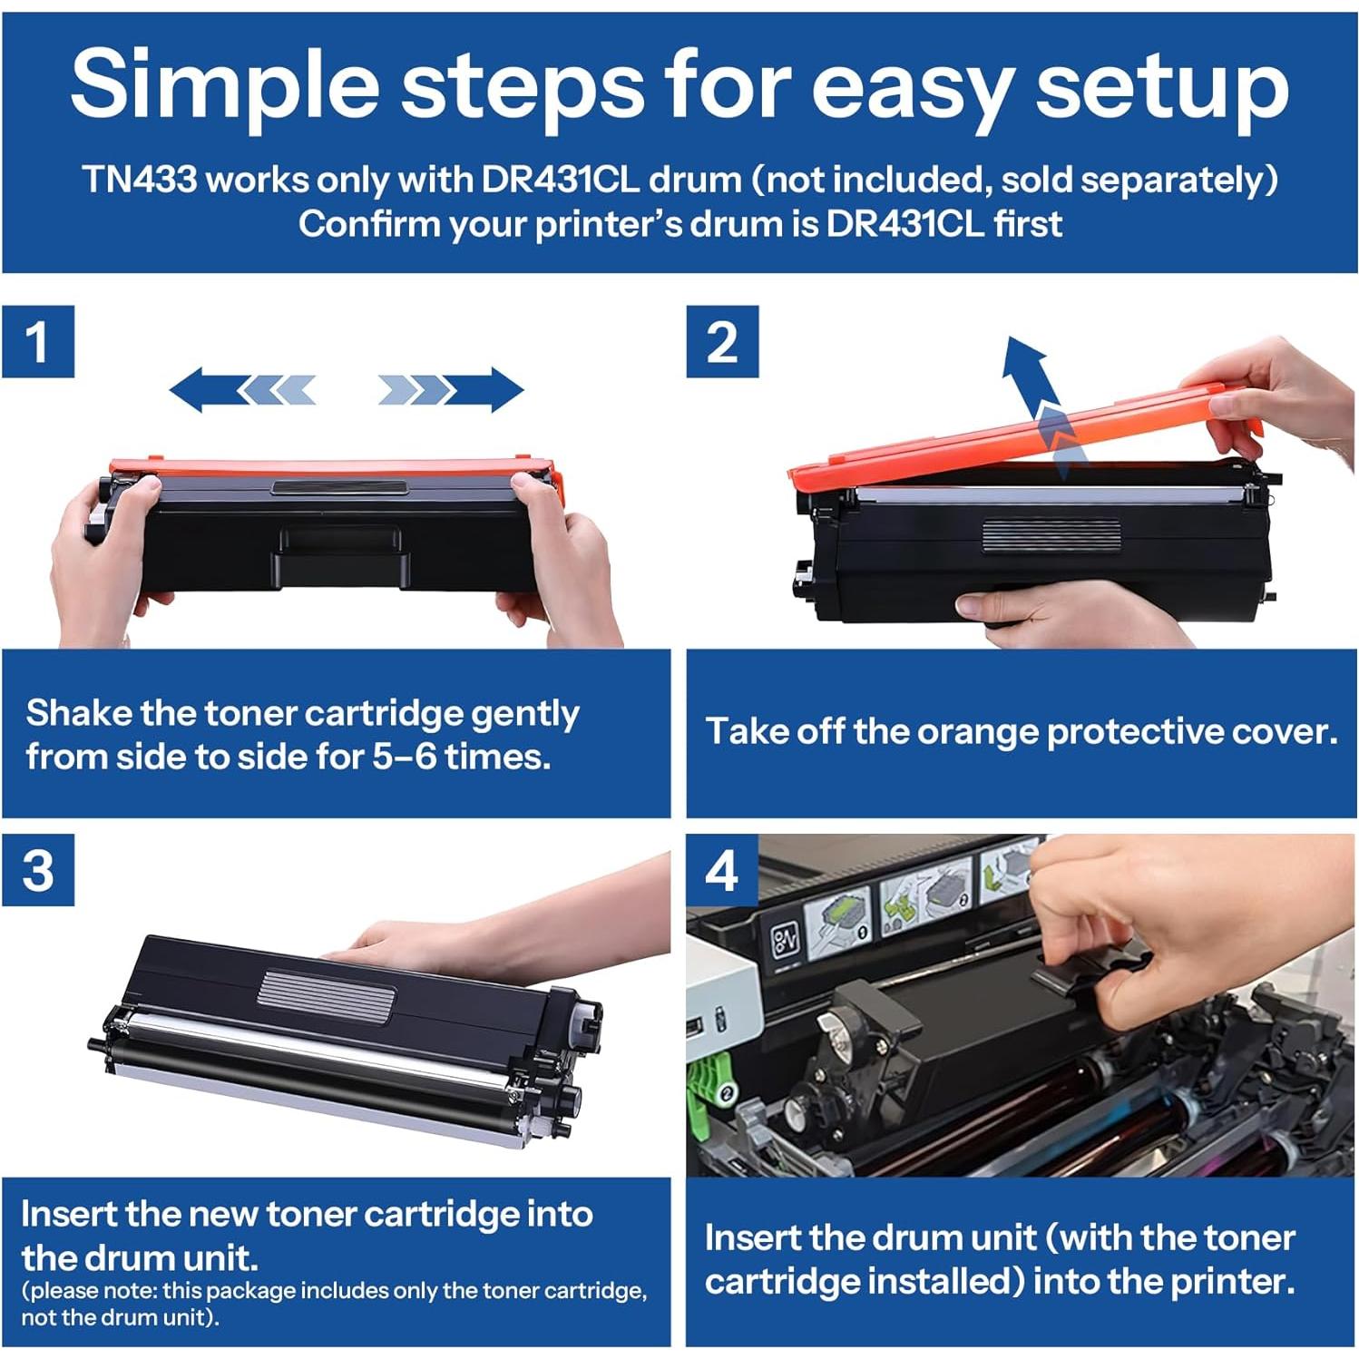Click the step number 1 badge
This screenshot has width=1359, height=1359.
coord(37,341)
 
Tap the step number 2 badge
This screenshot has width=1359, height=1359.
coord(722,341)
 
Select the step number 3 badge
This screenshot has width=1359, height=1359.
coord(37,870)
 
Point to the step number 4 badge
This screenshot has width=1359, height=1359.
coord(722,870)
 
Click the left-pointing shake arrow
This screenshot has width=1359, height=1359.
coord(242,389)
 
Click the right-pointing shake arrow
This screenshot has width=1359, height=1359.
coord(451,389)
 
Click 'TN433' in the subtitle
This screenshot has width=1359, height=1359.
coord(140,180)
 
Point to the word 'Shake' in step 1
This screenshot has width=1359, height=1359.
coord(79,713)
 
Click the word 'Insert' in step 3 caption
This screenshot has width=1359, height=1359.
coord(68,1214)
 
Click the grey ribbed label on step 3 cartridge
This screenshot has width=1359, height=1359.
coord(327,992)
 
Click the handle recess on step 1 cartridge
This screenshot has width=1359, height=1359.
coord(339,556)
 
